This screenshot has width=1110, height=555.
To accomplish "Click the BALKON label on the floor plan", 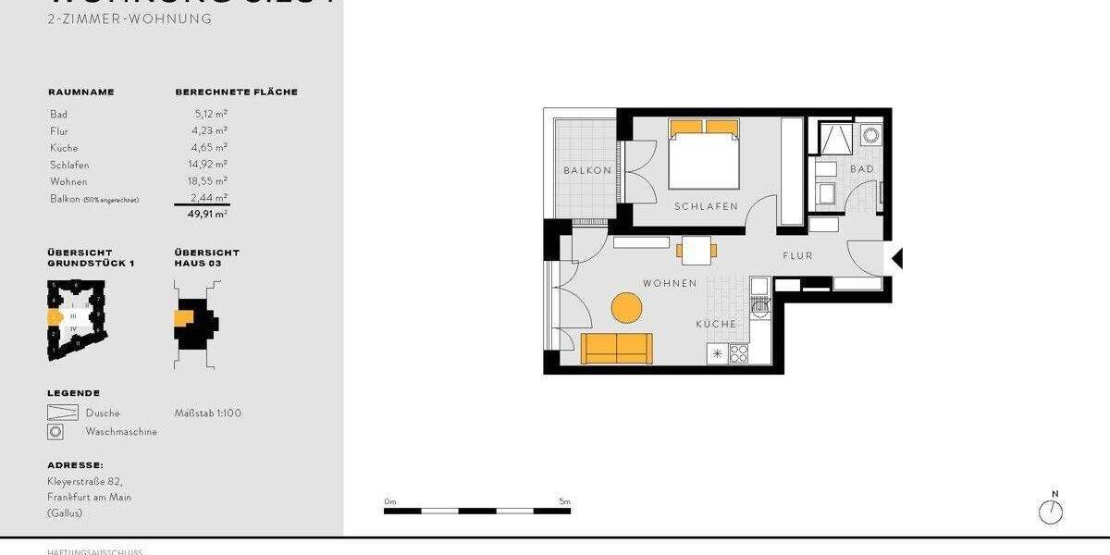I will (587, 170).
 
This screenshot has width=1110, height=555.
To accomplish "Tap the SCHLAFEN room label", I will (706, 206).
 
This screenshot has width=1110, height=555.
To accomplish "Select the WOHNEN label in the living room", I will (670, 283).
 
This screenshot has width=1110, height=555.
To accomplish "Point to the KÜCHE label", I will (717, 324).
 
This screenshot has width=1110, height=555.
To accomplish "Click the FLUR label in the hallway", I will (797, 255).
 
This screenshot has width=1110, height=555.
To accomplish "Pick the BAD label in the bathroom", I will (862, 169).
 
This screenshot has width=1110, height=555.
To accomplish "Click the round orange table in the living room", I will (627, 307).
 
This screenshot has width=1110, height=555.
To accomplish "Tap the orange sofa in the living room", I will (617, 348).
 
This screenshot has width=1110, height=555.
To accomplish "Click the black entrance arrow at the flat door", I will (895, 258).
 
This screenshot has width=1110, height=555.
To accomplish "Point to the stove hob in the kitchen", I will (738, 353).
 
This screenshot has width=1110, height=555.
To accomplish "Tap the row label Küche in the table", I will (64, 148).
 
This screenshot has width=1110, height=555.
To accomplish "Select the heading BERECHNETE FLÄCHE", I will (236, 92).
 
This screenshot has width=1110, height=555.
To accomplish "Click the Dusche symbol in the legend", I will (63, 413).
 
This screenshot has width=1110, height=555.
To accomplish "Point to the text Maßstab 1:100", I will (208, 413).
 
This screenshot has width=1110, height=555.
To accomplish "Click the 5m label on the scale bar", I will (564, 501).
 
